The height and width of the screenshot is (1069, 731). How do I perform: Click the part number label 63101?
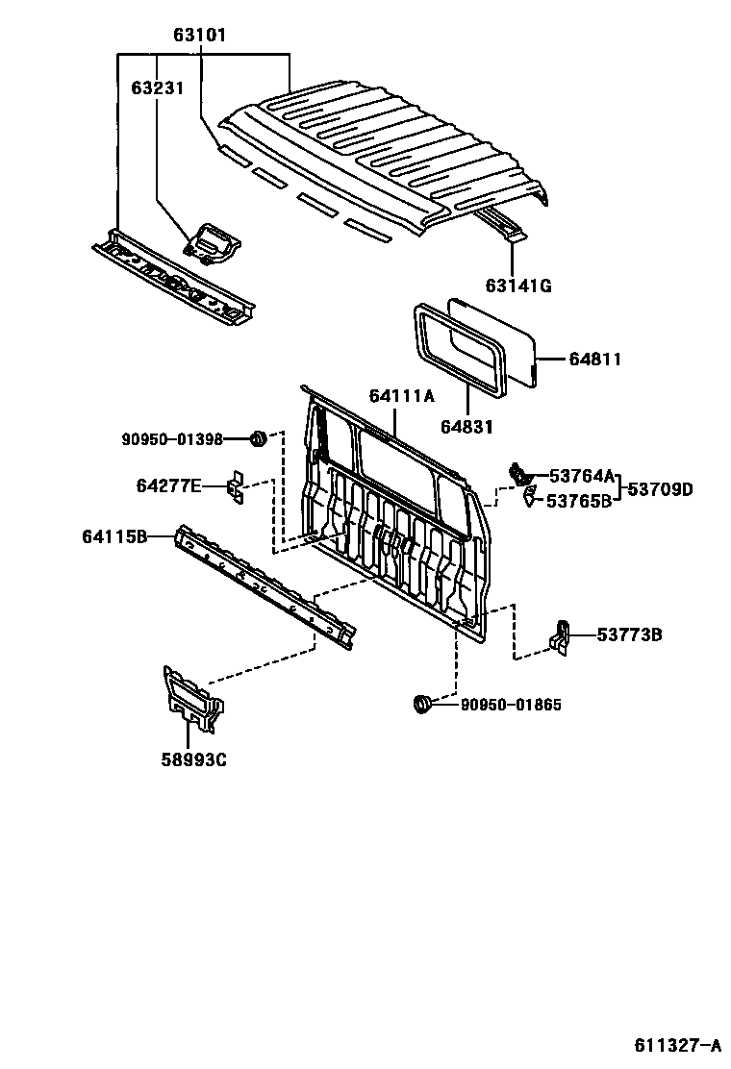200,37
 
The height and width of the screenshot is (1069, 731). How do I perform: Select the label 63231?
158,87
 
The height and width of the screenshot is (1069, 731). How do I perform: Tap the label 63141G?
518,286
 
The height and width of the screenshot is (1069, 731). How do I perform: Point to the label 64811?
594,360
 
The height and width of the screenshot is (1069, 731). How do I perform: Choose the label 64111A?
401,396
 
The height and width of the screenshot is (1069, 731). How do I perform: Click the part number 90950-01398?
172,439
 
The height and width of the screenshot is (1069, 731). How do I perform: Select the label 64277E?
168,486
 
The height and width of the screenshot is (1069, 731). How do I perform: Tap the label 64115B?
114,536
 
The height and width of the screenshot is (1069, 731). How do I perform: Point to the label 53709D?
660,488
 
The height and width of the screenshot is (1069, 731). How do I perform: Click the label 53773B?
629,634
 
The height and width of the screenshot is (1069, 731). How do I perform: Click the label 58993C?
193,761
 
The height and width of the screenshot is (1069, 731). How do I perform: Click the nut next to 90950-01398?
257,439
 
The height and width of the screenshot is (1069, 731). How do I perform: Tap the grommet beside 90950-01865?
420,705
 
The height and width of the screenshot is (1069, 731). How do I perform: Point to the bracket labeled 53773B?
561,636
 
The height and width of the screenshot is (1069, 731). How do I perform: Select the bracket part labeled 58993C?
191,702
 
